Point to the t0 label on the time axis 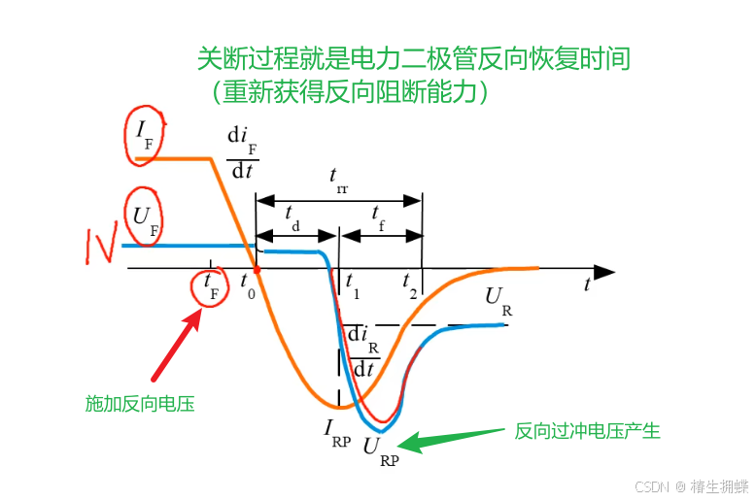[x=248, y=283]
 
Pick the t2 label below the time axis [x=411, y=283]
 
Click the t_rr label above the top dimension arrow [x=338, y=180]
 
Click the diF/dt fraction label [x=241, y=153]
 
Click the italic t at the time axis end [x=588, y=284]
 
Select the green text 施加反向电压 [x=140, y=403]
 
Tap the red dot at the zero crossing [x=257, y=269]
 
